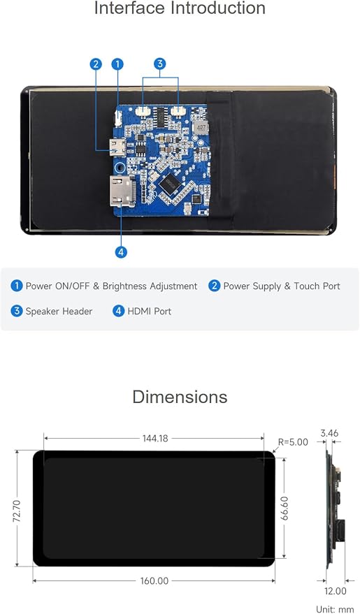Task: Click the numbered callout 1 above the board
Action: click(x=117, y=64)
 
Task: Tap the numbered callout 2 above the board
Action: click(x=96, y=64)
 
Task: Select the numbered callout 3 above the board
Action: click(x=159, y=64)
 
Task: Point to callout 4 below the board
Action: click(x=121, y=251)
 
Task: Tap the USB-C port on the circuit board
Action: click(x=118, y=147)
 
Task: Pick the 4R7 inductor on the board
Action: click(x=201, y=128)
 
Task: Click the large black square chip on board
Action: click(x=169, y=184)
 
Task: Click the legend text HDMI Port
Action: click(x=150, y=312)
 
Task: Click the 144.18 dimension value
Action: click(x=155, y=438)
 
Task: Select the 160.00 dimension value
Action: click(x=154, y=580)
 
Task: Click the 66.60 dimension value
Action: click(x=285, y=508)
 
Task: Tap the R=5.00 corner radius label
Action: click(x=293, y=442)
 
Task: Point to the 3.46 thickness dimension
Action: click(x=329, y=433)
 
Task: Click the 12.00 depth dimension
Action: click(x=336, y=591)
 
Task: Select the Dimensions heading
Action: click(x=180, y=397)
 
